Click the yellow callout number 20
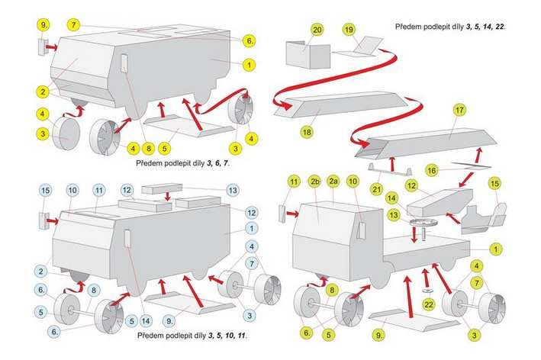(317, 30)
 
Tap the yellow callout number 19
(349, 30)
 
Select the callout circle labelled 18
(307, 131)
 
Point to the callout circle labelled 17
(459, 111)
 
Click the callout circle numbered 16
(431, 171)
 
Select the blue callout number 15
(45, 189)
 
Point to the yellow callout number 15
(494, 183)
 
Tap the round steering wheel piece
(421, 223)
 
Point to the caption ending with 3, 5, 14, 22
(450, 27)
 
